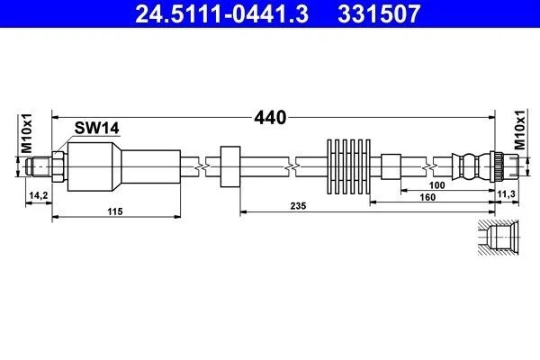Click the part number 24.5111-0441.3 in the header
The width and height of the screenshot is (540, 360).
221,13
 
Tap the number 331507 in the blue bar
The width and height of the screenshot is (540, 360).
379,13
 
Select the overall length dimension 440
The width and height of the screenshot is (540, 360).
270,118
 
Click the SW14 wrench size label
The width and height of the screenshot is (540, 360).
97,128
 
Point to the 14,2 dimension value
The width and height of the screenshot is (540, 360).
39,195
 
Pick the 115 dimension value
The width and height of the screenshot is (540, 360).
114,211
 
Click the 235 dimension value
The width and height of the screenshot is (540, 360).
298,206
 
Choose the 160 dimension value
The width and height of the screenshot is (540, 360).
427,197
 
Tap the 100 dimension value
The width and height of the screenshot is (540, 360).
436,185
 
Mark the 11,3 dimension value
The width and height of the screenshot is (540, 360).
506,194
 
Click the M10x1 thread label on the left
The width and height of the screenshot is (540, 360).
26,133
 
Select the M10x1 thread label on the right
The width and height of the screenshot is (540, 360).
520,130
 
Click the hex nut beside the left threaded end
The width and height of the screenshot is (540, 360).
58,166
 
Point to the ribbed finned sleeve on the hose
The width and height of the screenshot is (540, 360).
348,166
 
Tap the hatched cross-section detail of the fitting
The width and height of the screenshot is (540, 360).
499,238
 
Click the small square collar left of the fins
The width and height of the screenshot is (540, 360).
230,166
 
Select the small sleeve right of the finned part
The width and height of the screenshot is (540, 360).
391,166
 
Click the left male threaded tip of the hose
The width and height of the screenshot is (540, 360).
39,166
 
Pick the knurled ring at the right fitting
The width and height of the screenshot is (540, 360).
499,166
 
